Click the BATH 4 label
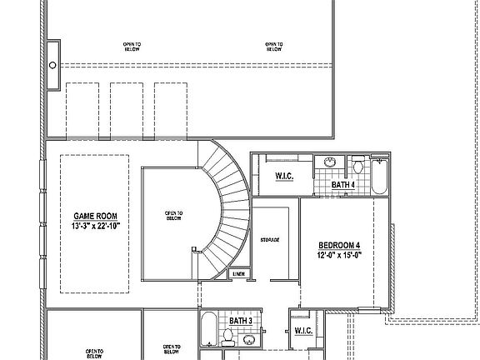pyautogui.click(x=344, y=185)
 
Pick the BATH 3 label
pyautogui.click(x=241, y=320)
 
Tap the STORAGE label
pyautogui.click(x=269, y=240)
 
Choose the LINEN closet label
pyautogui.click(x=238, y=273)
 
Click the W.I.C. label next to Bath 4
pyautogui.click(x=284, y=175)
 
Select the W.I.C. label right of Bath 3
pyautogui.click(x=303, y=331)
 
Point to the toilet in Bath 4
pyautogui.click(x=357, y=162)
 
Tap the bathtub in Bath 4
pyautogui.click(x=381, y=177)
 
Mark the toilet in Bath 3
pyautogui.click(x=228, y=337)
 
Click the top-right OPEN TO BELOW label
pyautogui.click(x=273, y=47)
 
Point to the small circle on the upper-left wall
pyautogui.click(x=53, y=64)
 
